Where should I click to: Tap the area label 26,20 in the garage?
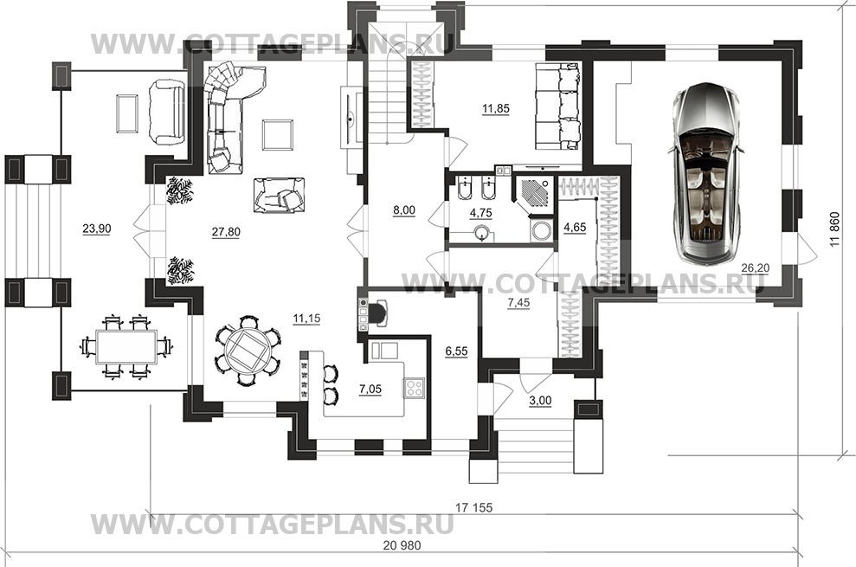755,267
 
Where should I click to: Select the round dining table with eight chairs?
248,350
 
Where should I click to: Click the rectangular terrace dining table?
126,346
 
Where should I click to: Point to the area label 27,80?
226,232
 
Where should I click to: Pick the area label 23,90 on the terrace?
97,229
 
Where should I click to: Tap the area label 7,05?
370,390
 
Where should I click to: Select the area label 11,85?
496,109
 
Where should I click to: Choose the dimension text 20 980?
402,545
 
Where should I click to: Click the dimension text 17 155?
473,508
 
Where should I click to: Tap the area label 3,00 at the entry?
540,401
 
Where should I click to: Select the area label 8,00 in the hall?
404,210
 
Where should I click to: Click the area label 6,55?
456,351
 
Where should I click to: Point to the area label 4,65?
575,227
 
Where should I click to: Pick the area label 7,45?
518,303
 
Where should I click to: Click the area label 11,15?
306,319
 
